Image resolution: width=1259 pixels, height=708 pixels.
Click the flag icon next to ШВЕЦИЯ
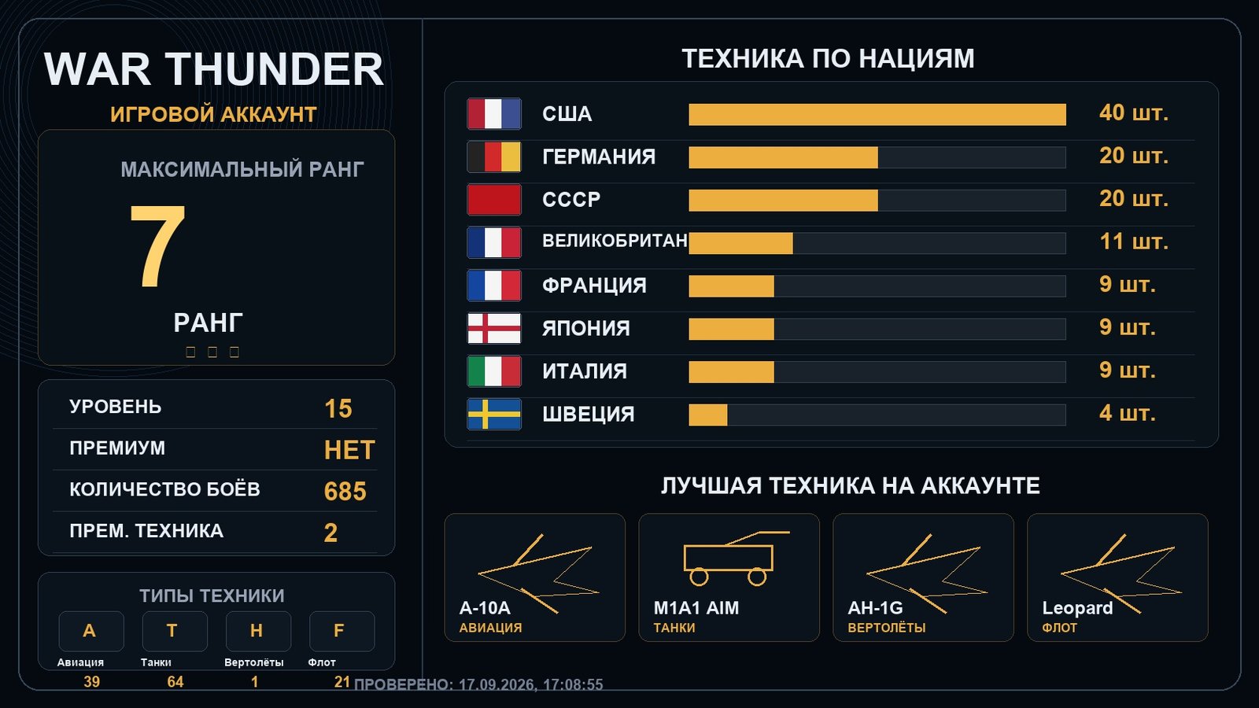point(494,414)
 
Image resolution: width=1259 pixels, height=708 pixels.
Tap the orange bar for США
point(877,115)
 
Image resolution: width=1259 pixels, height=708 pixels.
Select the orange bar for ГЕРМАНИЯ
point(784,157)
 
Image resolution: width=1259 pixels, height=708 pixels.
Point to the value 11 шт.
point(1134,242)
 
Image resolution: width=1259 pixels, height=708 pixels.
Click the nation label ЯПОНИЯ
point(585,328)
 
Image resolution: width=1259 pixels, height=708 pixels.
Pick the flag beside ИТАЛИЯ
point(494,371)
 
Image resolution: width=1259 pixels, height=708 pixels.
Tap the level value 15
point(338,408)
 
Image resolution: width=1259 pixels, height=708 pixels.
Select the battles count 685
point(345,491)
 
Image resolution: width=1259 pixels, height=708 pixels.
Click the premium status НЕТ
point(349,450)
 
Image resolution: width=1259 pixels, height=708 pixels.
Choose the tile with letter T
point(174,631)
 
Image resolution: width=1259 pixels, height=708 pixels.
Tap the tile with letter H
point(258,631)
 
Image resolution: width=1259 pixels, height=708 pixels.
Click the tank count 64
point(175,681)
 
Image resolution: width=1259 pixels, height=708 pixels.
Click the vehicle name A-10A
point(485,608)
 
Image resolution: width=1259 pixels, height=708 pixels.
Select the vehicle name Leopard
point(1077,608)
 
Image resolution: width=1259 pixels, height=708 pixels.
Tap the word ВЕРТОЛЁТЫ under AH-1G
point(886,628)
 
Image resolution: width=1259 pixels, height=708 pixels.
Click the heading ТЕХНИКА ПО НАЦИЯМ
point(828,59)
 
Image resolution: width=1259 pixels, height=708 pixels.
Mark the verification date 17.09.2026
point(497,684)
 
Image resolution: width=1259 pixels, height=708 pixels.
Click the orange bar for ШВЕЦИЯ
point(708,415)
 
